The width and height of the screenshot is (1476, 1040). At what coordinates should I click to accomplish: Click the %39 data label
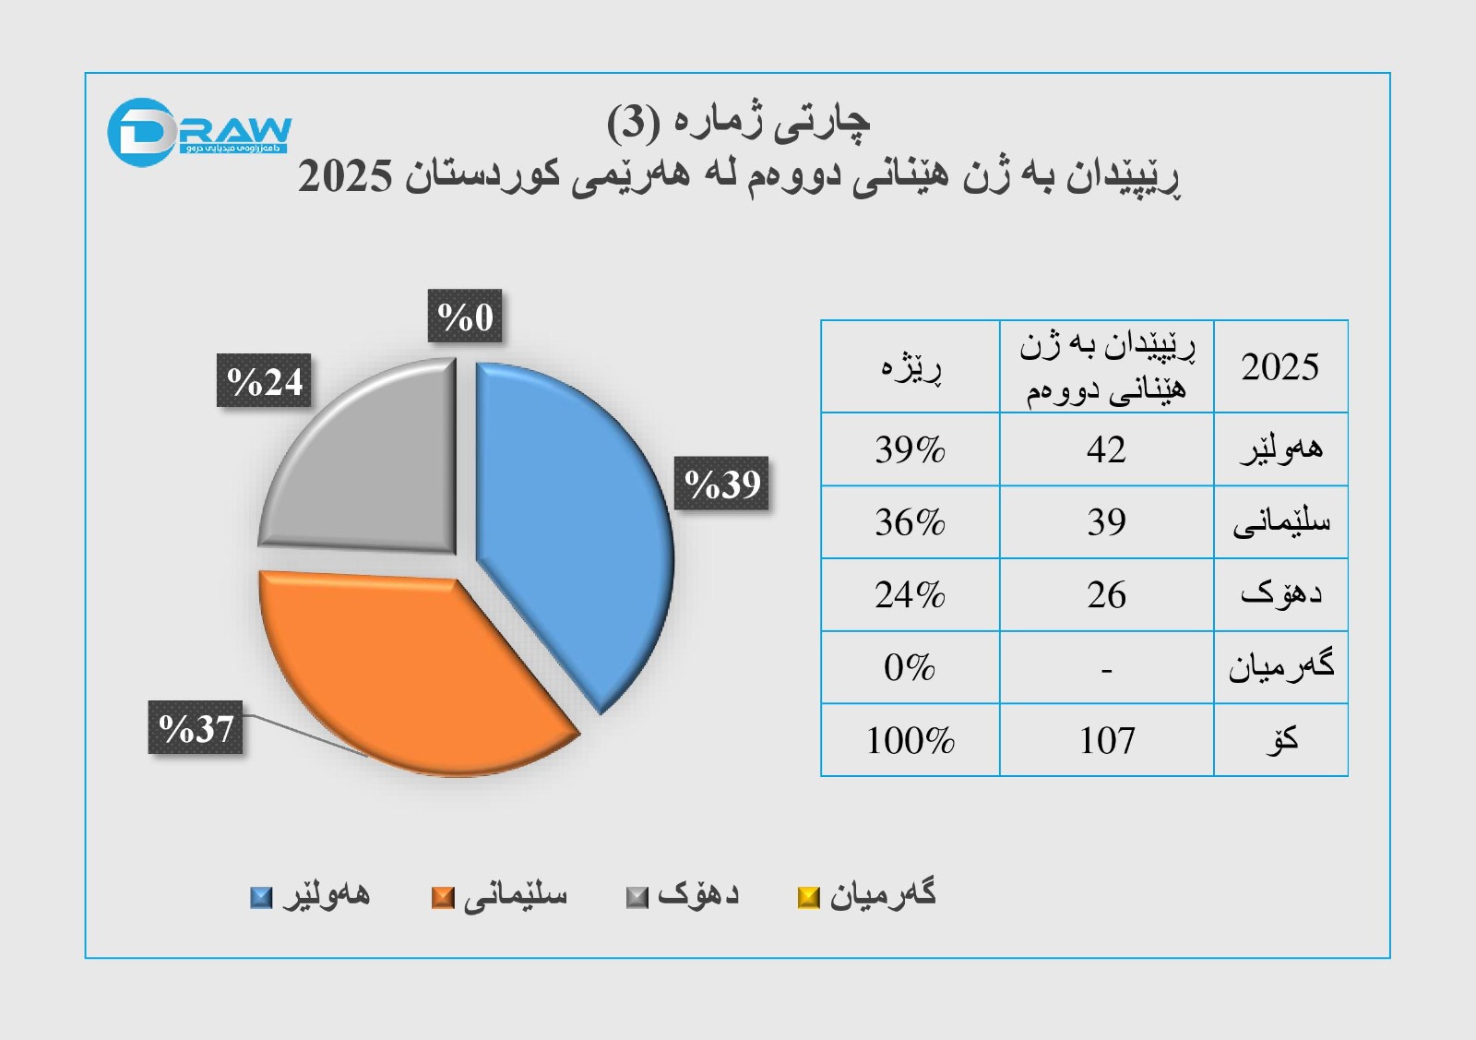pos(722,484)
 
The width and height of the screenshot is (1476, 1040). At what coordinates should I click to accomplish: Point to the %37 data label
pos(196,728)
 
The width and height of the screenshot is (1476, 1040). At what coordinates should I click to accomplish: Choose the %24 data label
pos(265,381)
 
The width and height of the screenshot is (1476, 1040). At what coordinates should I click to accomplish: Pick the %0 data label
pos(465,317)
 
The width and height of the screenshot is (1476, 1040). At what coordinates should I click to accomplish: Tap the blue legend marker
pos(262,897)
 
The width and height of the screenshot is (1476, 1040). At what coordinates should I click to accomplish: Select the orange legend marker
pos(443,897)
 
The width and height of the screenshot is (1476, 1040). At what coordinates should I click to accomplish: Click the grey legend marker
pos(637,897)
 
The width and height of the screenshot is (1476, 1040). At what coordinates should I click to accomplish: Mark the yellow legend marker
pos(808,897)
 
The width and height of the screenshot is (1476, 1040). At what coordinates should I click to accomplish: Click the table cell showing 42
pos(1106,449)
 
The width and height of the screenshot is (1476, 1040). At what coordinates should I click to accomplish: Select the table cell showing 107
pos(1106,740)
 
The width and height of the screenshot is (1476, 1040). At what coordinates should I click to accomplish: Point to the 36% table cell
pos(910,522)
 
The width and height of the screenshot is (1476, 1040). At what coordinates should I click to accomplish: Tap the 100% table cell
pos(910,740)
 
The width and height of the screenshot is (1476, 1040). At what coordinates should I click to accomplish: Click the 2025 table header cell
pos(1280,366)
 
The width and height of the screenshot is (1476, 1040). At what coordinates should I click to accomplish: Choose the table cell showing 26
pos(1106,595)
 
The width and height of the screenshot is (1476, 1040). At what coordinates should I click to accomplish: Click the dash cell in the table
pos(1106,668)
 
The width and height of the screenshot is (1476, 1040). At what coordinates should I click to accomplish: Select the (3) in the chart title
pos(633,123)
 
